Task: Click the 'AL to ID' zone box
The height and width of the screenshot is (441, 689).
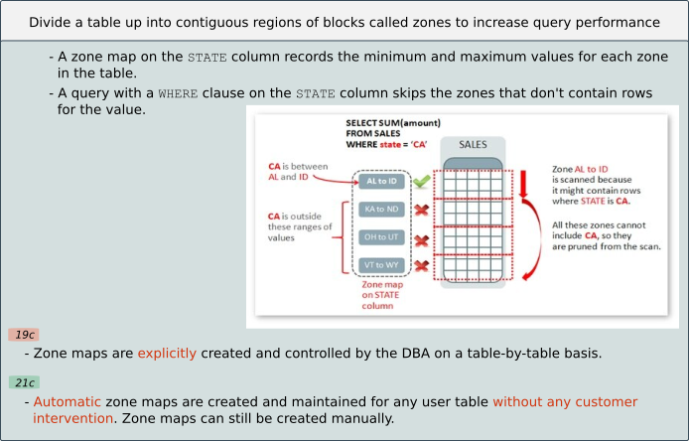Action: click(380, 182)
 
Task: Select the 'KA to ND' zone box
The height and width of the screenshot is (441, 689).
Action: click(380, 210)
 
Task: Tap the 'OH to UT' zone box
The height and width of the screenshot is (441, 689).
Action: click(380, 238)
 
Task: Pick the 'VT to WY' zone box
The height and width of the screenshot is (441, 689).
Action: click(380, 265)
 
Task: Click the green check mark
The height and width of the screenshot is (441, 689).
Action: click(421, 182)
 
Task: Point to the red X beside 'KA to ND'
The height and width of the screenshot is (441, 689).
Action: click(421, 210)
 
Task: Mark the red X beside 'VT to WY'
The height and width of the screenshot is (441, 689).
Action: click(421, 265)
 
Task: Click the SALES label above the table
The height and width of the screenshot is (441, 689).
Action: click(473, 145)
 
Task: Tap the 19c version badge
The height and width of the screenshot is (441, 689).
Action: click(24, 335)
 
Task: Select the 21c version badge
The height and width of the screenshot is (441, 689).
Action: click(24, 382)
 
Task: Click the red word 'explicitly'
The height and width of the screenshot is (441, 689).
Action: click(167, 353)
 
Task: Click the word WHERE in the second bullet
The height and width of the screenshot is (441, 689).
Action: click(179, 93)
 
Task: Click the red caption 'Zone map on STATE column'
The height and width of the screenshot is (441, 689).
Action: click(380, 295)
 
